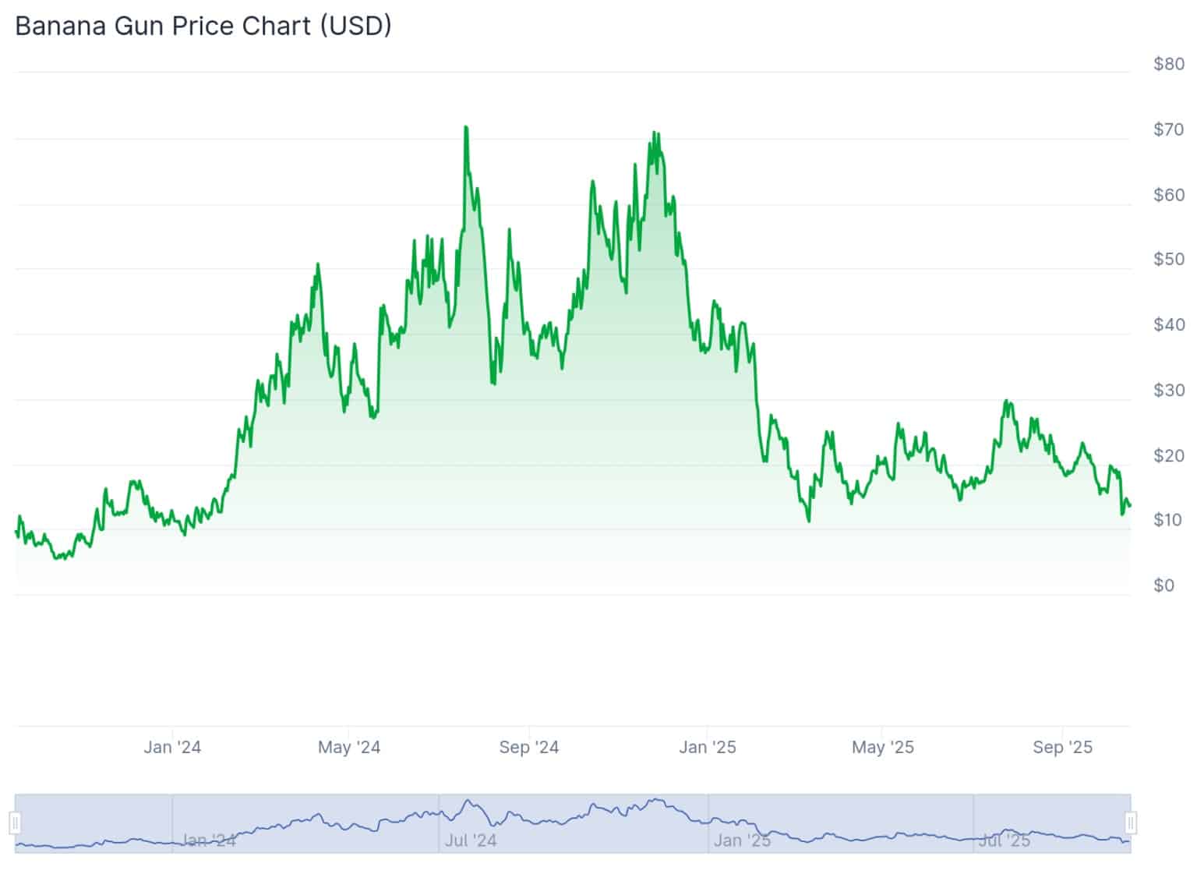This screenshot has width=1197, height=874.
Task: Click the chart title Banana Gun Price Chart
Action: tap(203, 26)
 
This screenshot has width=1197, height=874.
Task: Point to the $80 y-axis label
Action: tap(1168, 64)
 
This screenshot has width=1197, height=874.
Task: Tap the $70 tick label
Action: tap(1168, 129)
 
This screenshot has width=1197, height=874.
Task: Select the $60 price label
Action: tap(1168, 195)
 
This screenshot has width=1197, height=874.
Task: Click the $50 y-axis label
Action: tap(1168, 260)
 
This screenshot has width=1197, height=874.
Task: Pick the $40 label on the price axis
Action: tap(1168, 325)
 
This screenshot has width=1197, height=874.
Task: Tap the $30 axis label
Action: tap(1168, 390)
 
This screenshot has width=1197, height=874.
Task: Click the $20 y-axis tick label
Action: tap(1168, 455)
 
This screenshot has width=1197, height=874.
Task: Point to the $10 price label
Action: tap(1168, 520)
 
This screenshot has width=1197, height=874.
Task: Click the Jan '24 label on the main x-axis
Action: tap(172, 747)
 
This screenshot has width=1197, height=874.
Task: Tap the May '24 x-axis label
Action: tap(349, 747)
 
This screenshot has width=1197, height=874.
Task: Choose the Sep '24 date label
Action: tap(529, 747)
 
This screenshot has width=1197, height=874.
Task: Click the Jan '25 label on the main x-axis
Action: tap(708, 747)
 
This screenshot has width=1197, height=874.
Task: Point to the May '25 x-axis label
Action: tap(883, 747)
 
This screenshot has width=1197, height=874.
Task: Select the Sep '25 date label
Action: tap(1063, 747)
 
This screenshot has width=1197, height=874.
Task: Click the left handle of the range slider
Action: tap(15, 823)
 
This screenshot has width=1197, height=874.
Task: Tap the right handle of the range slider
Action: tap(1131, 823)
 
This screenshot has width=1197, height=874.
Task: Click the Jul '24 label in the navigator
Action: tap(470, 840)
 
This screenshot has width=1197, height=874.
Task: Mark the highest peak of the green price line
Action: tap(465, 127)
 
